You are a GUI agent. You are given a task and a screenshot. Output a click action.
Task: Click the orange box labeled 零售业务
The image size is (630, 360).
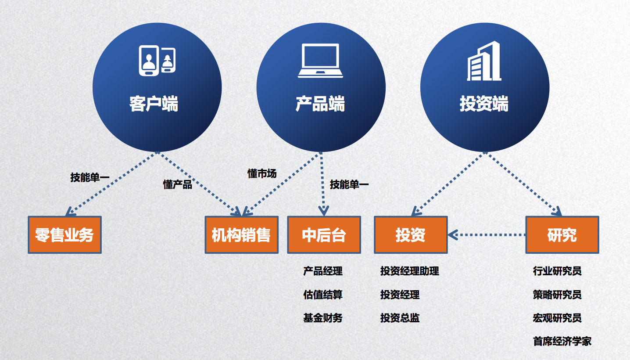point(64,235)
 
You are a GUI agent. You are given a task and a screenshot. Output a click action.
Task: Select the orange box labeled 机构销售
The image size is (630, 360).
point(242,235)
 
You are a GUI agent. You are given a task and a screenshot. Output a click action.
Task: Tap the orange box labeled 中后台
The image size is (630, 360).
point(324,235)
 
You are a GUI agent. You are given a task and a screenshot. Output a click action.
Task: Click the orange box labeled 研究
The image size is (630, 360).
point(562,235)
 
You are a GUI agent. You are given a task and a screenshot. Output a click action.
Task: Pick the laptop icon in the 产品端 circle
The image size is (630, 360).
point(320,61)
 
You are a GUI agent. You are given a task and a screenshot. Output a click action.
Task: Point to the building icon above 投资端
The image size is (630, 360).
point(484,61)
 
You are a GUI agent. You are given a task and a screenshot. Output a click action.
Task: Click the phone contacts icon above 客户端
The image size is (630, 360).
point(157,60)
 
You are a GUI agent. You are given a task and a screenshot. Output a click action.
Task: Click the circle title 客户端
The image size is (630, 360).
point(154,104)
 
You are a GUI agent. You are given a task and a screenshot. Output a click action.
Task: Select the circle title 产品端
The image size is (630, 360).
point(320,104)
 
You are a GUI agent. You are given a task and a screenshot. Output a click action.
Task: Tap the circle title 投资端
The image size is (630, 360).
point(484,104)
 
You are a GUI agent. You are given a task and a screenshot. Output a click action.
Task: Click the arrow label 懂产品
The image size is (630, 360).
point(178,185)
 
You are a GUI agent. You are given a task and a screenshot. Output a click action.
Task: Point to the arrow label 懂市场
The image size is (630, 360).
point(262,174)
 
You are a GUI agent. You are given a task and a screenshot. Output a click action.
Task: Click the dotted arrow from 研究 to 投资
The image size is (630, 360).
point(487,235)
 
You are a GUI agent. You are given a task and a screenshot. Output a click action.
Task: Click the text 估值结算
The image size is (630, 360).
point(323,295)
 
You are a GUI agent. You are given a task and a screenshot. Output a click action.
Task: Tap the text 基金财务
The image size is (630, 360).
point(323,318)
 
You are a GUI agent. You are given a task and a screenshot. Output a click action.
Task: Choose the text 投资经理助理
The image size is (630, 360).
point(409,271)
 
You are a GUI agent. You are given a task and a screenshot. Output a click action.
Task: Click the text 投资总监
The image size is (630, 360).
point(400,318)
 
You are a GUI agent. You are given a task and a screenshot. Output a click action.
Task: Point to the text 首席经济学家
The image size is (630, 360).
point(562,342)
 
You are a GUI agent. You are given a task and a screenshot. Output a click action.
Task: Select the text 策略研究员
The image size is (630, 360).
point(557,295)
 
